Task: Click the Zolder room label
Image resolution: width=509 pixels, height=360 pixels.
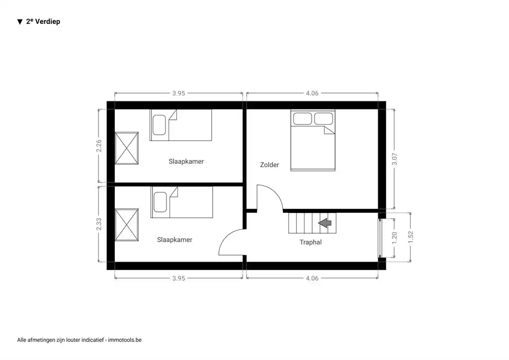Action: [x=269, y=165]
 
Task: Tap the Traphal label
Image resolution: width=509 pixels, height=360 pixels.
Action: [x=311, y=242]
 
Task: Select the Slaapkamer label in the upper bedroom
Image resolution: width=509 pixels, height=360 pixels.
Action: [x=186, y=162]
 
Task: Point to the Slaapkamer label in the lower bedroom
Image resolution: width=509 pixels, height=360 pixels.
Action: [x=174, y=240]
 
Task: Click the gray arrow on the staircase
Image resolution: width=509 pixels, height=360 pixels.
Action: [x=326, y=223]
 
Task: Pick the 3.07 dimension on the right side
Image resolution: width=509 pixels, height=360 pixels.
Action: [x=395, y=159]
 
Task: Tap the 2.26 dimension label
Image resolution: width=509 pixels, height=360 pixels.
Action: [x=99, y=146]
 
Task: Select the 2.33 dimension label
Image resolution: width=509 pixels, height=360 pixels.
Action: [x=99, y=224]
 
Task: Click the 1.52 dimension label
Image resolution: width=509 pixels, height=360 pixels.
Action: [x=410, y=237]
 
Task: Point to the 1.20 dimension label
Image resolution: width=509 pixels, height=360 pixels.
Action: [x=395, y=237]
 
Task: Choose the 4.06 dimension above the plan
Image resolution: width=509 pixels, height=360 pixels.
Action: [x=312, y=93]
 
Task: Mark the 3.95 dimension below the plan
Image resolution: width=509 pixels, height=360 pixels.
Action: [x=178, y=278]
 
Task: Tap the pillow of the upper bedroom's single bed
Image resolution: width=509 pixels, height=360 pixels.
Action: [x=159, y=125]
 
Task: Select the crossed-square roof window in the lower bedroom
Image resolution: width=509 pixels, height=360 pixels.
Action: [x=126, y=225]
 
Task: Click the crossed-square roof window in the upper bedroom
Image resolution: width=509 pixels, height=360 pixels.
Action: [x=126, y=148]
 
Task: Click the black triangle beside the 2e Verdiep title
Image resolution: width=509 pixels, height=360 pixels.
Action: [x=20, y=22]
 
